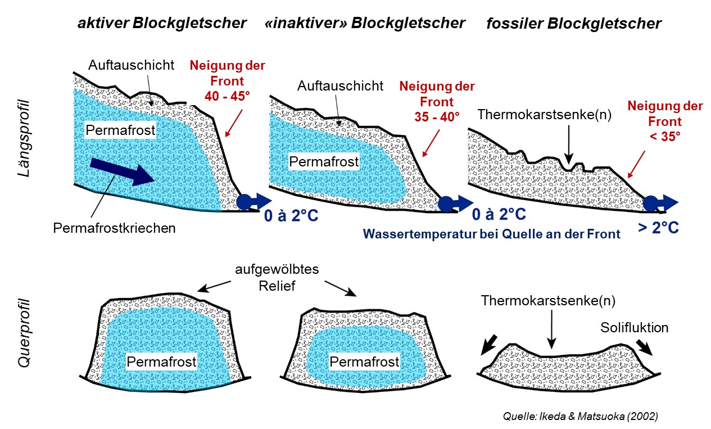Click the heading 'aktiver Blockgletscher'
pos(162,23)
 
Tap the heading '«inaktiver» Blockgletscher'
pos(365,23)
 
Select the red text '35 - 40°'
pos(437,117)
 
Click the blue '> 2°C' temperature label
pos(658,228)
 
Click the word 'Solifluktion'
pos(635,327)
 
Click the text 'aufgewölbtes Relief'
pos(278,277)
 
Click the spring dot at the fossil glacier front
pos(651,202)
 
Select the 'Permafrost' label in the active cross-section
pos(162,362)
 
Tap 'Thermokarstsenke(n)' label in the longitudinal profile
pos(544,115)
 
